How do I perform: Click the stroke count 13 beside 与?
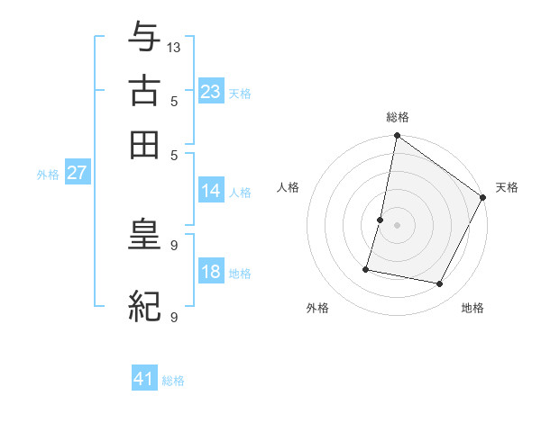(174, 47)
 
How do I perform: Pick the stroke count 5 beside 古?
(173, 102)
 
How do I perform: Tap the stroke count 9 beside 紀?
(173, 318)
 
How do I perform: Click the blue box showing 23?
(210, 92)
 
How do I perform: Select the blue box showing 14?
(210, 191)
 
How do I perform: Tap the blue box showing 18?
(210, 272)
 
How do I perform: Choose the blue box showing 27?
(77, 173)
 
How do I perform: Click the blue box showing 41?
(144, 379)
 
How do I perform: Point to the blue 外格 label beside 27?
(48, 175)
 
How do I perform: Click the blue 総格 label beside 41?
(173, 381)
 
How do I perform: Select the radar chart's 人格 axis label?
(289, 187)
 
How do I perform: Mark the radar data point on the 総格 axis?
(397, 137)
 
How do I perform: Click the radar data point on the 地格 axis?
(440, 283)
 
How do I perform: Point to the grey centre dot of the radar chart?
(397, 224)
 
